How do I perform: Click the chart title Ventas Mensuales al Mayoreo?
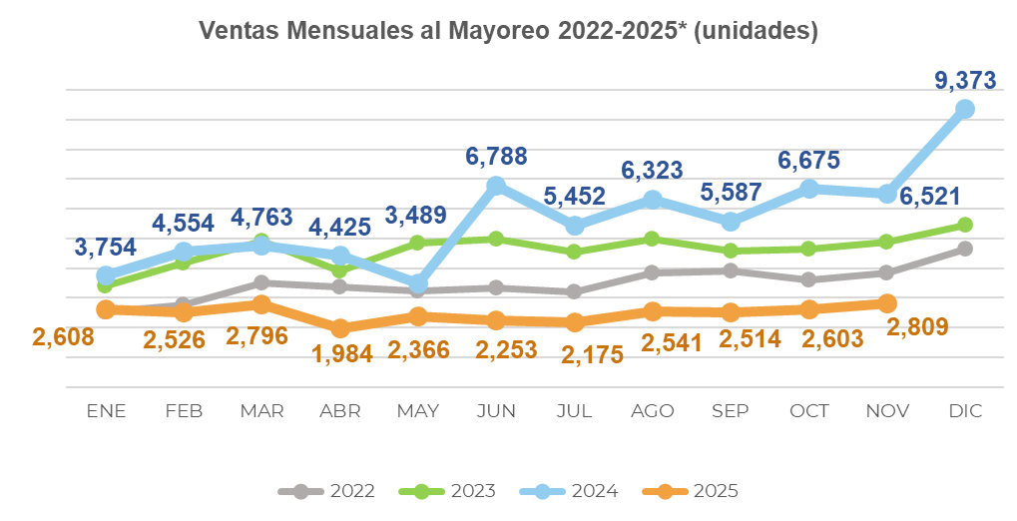click(508, 32)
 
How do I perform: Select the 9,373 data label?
click(965, 79)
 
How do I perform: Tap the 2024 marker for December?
click(965, 109)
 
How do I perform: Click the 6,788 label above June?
click(496, 157)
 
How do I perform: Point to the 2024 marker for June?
click(496, 185)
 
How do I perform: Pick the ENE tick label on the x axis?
click(106, 411)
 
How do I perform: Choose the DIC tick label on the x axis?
click(965, 411)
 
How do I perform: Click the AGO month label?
click(653, 411)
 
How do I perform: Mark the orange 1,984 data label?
click(341, 353)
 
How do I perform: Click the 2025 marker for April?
click(341, 327)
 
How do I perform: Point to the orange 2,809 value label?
click(916, 325)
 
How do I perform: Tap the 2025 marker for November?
click(887, 303)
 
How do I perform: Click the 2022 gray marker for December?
click(965, 249)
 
